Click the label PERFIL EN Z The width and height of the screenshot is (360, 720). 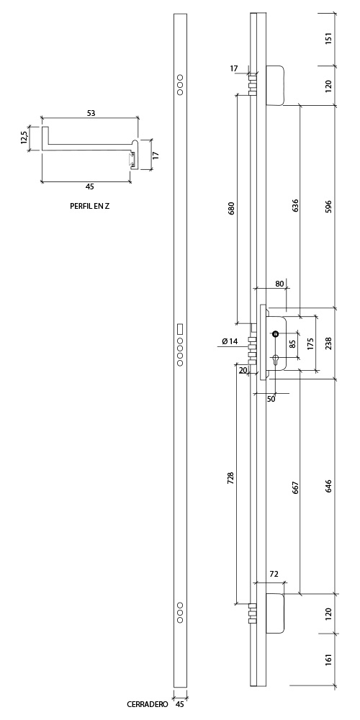coord(89,206)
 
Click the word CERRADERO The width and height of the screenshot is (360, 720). coord(148,704)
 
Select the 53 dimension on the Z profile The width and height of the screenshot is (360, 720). coord(91,113)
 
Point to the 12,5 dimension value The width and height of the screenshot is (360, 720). coord(24,138)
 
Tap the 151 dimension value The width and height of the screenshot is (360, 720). coord(328,39)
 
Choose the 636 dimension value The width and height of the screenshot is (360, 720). coord(295,205)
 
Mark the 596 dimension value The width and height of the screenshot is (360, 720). coord(328,207)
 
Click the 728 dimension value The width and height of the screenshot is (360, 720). coord(230,478)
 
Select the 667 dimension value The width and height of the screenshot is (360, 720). coord(295,488)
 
